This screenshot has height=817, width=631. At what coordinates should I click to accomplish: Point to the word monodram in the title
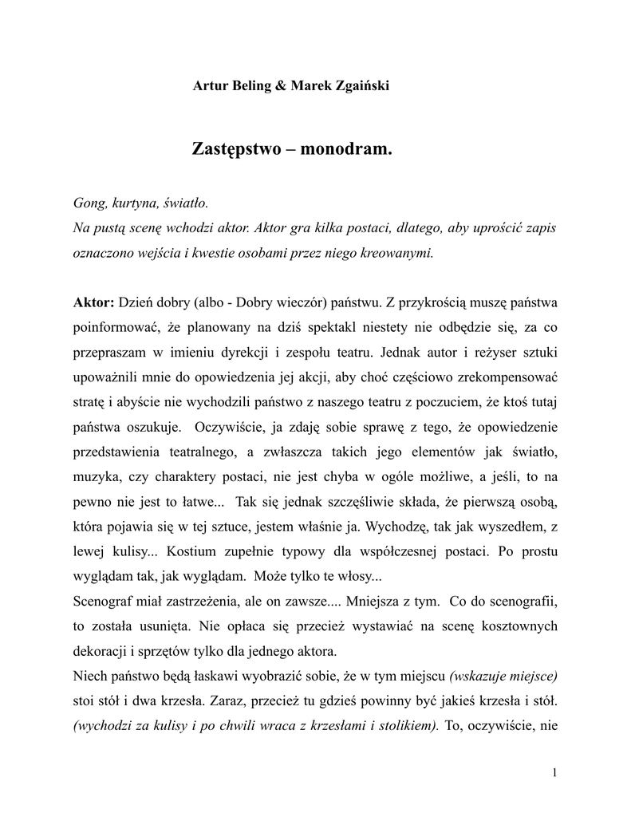[345, 149]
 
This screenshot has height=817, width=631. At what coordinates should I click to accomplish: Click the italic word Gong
[89, 203]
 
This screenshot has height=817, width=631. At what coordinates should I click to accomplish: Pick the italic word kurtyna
[136, 203]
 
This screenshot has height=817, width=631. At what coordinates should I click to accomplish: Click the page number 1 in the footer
[554, 772]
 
